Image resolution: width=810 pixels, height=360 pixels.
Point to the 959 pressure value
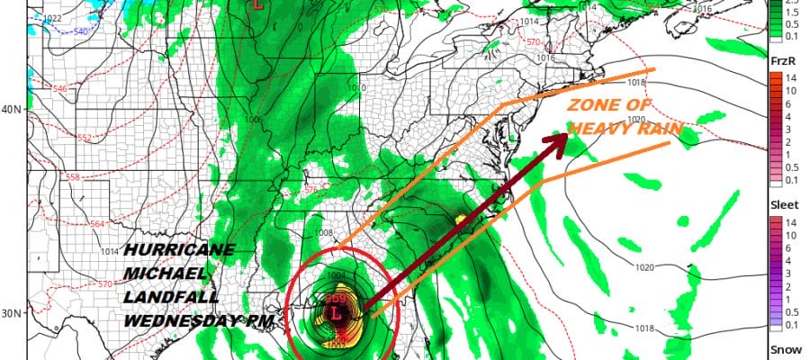pos(335,299)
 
